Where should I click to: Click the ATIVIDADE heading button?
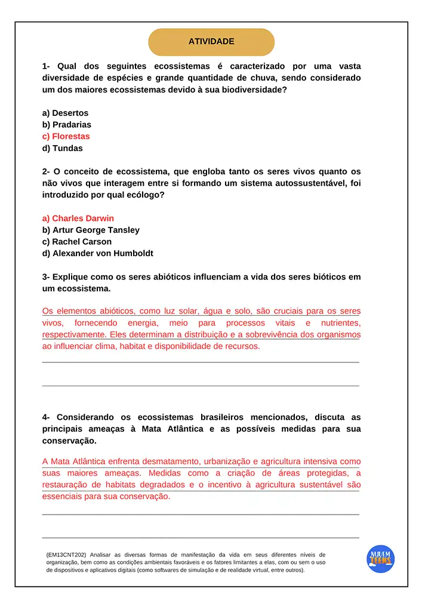point(211,42)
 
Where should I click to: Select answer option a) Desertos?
point(65,113)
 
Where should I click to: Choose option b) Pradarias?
point(66,125)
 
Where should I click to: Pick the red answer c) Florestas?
point(66,136)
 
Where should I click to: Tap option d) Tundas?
point(62,148)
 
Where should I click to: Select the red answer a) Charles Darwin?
point(78,218)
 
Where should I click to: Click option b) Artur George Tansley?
point(91,230)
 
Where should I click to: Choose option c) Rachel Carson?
point(76,242)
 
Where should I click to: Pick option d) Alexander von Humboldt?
point(97,253)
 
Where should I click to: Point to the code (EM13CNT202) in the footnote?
point(66,555)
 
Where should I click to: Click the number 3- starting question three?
point(46,277)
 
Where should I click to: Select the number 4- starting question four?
point(46,417)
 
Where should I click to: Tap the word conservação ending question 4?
point(68,441)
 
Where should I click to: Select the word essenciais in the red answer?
point(62,496)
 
